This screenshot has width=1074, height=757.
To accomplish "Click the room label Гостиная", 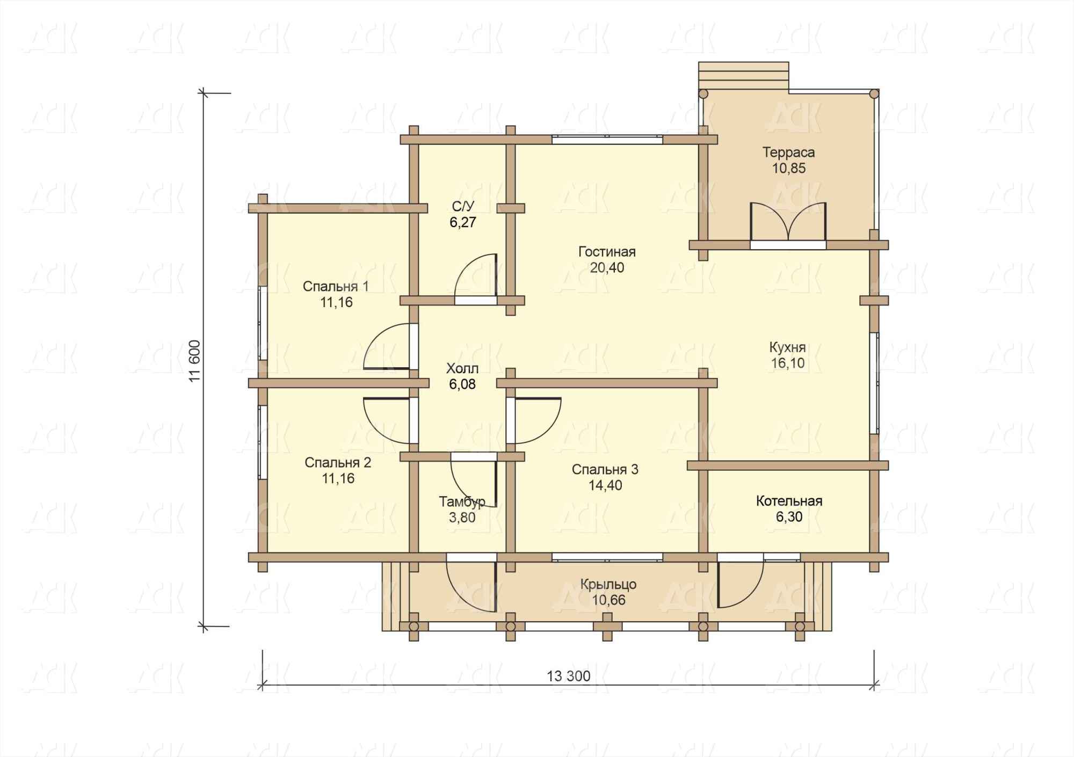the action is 607,252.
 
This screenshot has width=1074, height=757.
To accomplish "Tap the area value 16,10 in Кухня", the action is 788,363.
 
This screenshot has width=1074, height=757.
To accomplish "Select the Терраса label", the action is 788,152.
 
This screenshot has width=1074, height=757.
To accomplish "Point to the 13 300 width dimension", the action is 569,676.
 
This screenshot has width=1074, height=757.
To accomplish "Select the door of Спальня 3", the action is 534,420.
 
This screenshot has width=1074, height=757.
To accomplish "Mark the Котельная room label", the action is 789,501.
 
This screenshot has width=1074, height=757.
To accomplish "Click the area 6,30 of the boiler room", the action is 789,517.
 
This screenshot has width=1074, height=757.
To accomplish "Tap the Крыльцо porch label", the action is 608,584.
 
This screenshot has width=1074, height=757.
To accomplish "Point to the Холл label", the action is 462,369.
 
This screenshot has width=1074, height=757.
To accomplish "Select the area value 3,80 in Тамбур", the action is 462,518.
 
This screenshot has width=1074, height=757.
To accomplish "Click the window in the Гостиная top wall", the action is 607,139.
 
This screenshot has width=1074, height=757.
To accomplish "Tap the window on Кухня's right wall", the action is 874,383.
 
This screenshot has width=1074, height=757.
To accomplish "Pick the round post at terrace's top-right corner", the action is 874,94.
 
